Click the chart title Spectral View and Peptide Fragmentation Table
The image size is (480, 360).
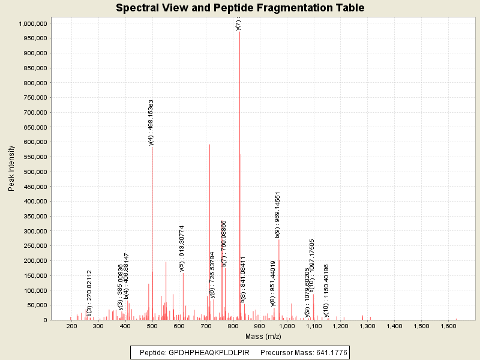coord(240,8)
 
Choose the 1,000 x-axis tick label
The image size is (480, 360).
coord(287,326)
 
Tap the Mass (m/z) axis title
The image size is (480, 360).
coord(263,337)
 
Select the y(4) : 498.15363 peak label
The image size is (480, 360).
coord(151,122)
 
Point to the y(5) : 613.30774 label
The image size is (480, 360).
coord(182,248)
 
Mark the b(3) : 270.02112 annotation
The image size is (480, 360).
coord(89,293)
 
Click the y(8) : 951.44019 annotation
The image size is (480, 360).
coord(273,283)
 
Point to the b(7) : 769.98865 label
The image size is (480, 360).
coord(224,243)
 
